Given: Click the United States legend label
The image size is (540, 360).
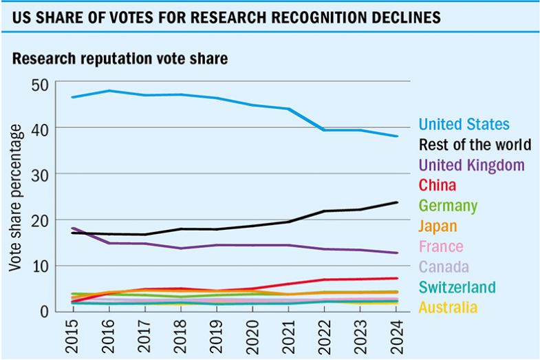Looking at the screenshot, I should pyautogui.click(x=464, y=125).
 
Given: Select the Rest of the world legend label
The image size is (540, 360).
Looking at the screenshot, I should pyautogui.click(x=475, y=145).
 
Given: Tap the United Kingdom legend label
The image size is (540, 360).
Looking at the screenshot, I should pyautogui.click(x=471, y=165).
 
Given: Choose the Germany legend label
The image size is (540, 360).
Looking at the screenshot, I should pyautogui.click(x=448, y=206).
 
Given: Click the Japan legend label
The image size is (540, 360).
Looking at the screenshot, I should pyautogui.click(x=438, y=226).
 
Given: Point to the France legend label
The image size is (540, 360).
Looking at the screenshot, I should pyautogui.click(x=441, y=246).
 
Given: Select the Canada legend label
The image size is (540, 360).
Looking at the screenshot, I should pyautogui.click(x=444, y=266).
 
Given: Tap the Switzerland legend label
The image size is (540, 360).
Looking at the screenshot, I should pyautogui.click(x=457, y=287).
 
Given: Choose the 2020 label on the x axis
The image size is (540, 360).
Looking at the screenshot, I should pyautogui.click(x=252, y=334).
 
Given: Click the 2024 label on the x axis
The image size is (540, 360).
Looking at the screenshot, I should pyautogui.click(x=396, y=334).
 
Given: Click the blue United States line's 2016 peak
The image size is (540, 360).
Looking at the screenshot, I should pyautogui.click(x=109, y=91).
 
